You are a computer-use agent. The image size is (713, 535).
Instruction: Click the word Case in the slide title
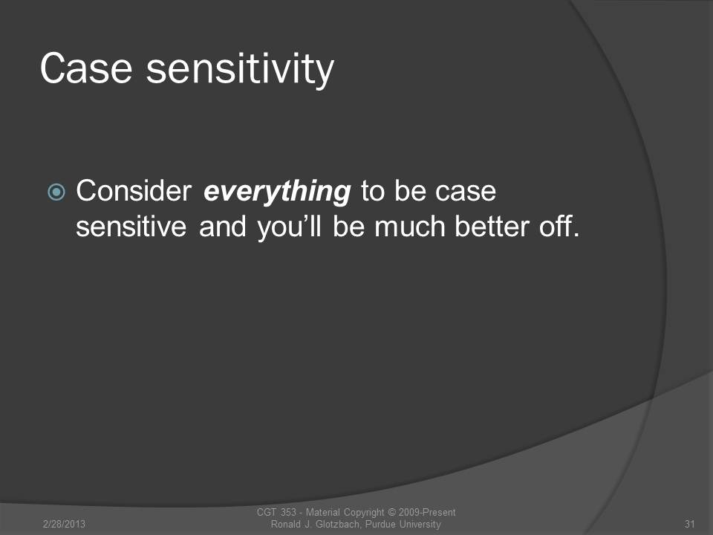point(86,68)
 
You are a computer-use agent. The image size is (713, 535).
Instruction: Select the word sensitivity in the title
point(240,70)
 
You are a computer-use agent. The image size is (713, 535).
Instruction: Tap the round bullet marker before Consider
point(56,192)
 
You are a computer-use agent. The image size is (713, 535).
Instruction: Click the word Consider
point(134,191)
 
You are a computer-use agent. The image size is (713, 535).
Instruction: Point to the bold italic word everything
point(277,192)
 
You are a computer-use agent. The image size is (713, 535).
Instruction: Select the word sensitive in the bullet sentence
point(131,227)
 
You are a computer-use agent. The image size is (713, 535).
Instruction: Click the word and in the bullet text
point(223,227)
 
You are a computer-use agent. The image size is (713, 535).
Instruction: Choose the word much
point(410,227)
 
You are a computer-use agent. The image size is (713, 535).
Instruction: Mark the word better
point(492,227)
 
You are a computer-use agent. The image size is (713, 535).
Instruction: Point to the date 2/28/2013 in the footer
point(64,524)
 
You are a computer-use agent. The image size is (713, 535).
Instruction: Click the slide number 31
point(690,524)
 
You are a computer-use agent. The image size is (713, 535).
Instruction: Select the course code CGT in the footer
point(267,512)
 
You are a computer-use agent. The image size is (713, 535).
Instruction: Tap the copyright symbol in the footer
point(391,512)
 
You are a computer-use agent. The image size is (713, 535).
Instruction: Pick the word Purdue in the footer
point(380,524)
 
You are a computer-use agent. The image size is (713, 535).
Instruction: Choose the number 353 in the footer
point(288,512)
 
